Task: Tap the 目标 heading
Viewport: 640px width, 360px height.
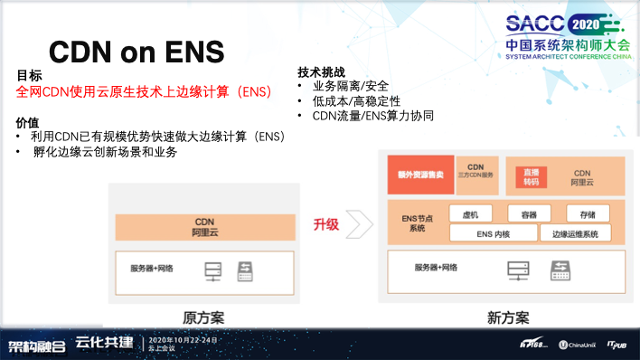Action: pyautogui.click(x=29, y=76)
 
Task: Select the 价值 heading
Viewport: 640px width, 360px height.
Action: pyautogui.click(x=28, y=122)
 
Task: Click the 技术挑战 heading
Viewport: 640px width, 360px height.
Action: pyautogui.click(x=321, y=71)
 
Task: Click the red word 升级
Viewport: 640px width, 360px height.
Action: pyautogui.click(x=325, y=223)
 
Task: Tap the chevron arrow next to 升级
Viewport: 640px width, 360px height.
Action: pyautogui.click(x=359, y=223)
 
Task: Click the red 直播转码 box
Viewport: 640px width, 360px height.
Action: pyautogui.click(x=531, y=175)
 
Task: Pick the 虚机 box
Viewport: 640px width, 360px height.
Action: pyautogui.click(x=470, y=214)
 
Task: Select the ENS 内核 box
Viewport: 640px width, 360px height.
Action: pyautogui.click(x=493, y=234)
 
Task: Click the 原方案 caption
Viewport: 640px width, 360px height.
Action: pyautogui.click(x=203, y=317)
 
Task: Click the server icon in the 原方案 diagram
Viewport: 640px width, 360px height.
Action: pyautogui.click(x=213, y=270)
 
